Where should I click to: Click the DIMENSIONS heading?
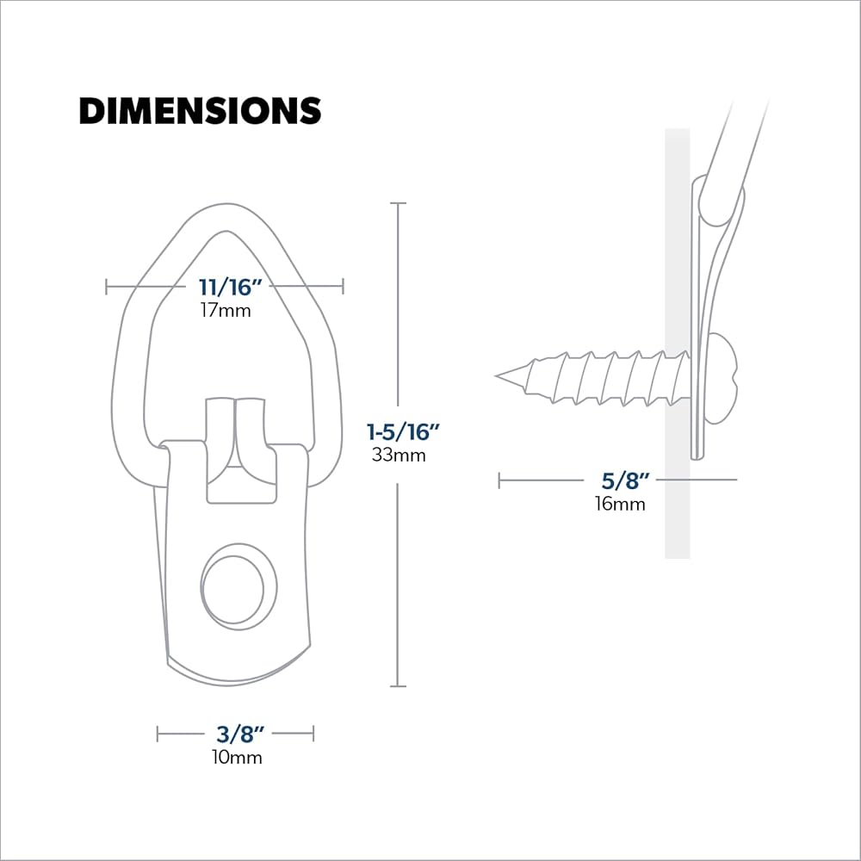pos(200,111)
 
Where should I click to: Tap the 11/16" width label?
pos(225,288)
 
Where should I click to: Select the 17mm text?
pos(225,310)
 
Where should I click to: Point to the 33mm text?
pos(398,455)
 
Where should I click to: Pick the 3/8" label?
pos(235,734)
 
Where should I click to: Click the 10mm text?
pos(235,758)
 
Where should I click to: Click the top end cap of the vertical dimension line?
pos(398,203)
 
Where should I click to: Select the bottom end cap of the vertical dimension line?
pos(398,686)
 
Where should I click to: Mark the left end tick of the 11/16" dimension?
pos(107,287)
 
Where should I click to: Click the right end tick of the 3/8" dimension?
pos(313,734)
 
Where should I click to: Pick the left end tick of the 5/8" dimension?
pos(499,480)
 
